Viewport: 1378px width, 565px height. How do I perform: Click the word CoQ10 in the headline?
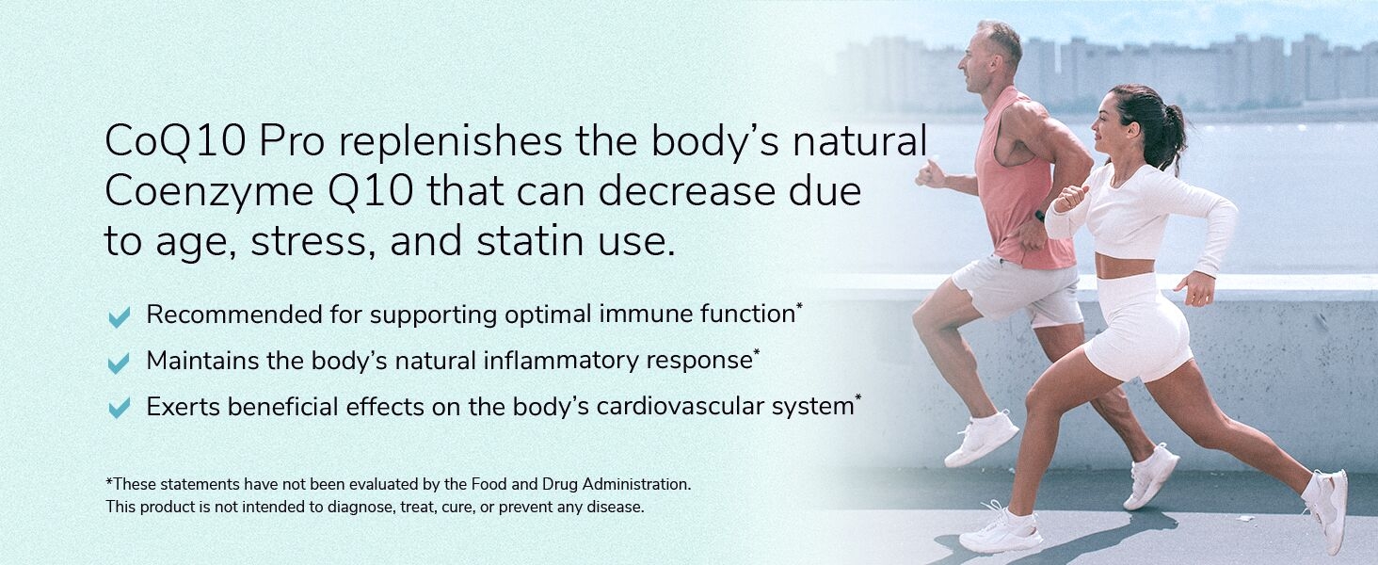(175, 141)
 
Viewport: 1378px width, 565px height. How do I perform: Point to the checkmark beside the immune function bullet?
(120, 317)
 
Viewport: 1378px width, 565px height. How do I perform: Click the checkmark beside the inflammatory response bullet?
(120, 363)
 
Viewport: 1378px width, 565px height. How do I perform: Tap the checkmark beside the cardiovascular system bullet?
(120, 408)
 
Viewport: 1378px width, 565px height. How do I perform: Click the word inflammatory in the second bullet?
(561, 361)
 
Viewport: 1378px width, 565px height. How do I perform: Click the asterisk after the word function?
(799, 306)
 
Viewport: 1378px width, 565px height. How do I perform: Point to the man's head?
(988, 56)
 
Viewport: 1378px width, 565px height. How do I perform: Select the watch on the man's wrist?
(1040, 216)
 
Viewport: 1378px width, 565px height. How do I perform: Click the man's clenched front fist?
(930, 173)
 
